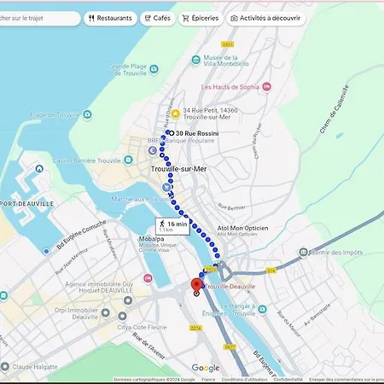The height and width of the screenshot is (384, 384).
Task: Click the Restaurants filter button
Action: [110, 18]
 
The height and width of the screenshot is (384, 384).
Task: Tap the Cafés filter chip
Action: [156, 18]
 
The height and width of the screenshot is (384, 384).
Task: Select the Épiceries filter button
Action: [200, 18]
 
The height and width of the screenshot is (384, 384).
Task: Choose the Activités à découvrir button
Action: [265, 18]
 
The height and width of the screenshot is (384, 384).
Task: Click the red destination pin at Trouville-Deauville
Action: [195, 285]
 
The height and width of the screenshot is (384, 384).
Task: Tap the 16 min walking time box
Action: [172, 225]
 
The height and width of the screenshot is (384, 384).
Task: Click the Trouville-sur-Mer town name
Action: [179, 169]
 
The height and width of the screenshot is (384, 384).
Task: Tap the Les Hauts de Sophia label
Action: [230, 87]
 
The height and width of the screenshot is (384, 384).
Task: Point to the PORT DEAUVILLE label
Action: [23, 204]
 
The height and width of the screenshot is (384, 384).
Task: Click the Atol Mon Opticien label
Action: [243, 228]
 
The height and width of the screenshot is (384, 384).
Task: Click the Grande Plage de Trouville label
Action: [129, 71]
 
